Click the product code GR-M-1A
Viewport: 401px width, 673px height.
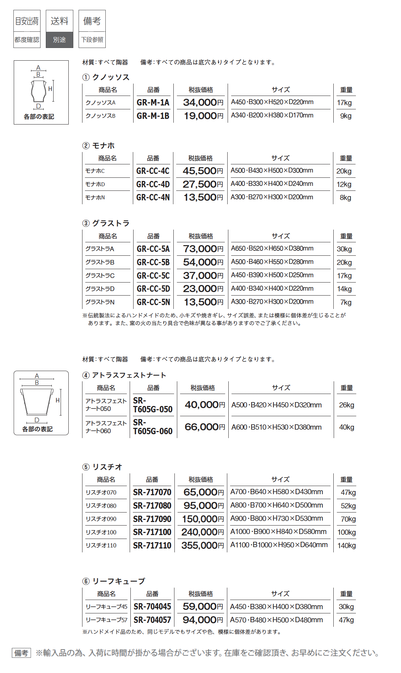pyautogui.click(x=153, y=103)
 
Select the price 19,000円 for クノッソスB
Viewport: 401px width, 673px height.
pyautogui.click(x=203, y=116)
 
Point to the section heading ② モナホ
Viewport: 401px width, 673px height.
pyautogui.click(x=99, y=146)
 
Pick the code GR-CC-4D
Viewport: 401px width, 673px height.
pyautogui.click(x=153, y=184)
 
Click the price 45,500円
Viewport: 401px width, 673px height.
pyautogui.click(x=203, y=171)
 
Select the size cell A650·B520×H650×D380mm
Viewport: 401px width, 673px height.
pyautogui.click(x=272, y=249)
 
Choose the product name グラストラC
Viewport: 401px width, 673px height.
pyautogui.click(x=100, y=275)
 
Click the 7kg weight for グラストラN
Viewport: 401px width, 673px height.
pyautogui.click(x=346, y=302)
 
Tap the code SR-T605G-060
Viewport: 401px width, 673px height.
pyautogui.click(x=153, y=427)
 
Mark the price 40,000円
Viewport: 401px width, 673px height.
pyautogui.click(x=205, y=405)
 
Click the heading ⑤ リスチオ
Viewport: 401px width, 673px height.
pyautogui.click(x=103, y=467)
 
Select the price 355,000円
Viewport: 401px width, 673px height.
pyautogui.click(x=203, y=546)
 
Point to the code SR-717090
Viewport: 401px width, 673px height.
pyautogui.click(x=152, y=519)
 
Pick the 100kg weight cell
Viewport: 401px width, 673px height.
pyautogui.click(x=346, y=532)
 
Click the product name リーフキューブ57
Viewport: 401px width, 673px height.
pyautogui.click(x=106, y=620)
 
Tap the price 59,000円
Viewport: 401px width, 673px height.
pyautogui.click(x=203, y=607)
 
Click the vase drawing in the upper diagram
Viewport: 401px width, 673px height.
pyautogui.click(x=38, y=91)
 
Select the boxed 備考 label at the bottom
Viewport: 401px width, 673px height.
pyautogui.click(x=21, y=653)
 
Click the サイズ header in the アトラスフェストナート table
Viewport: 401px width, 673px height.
pyautogui.click(x=281, y=388)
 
